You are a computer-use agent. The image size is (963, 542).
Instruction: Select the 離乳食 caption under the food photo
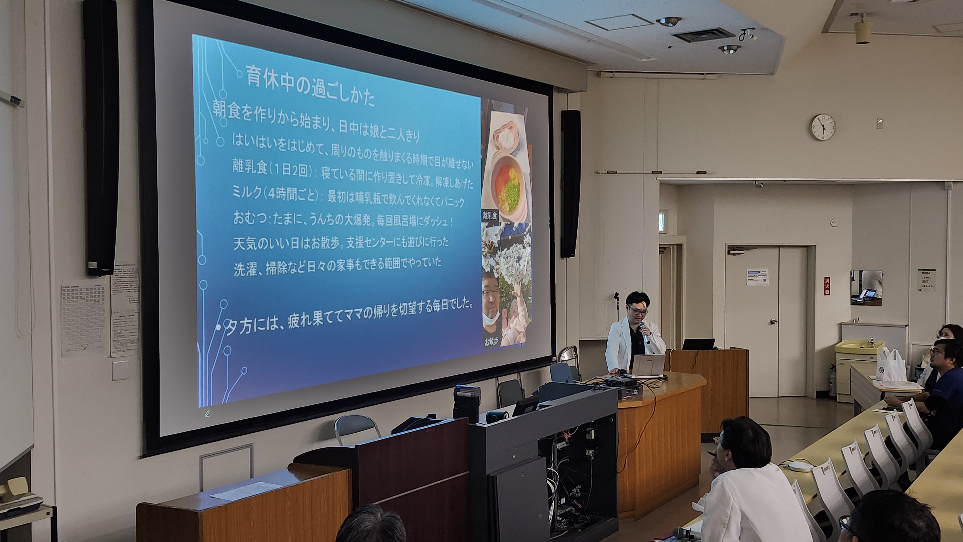click(490, 215)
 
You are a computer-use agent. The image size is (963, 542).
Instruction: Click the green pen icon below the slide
click(207, 413)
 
